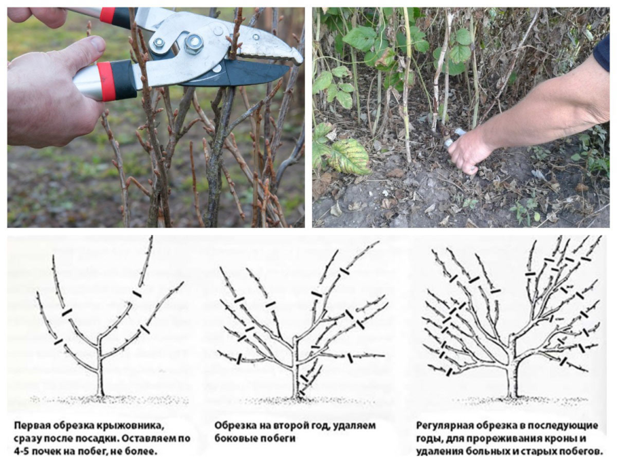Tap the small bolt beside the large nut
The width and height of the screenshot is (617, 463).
coord(159,43)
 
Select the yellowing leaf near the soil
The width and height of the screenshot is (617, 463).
coord(349,156)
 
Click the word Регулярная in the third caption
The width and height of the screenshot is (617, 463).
coord(444,426)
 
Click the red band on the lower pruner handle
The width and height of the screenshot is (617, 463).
coord(104,81)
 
